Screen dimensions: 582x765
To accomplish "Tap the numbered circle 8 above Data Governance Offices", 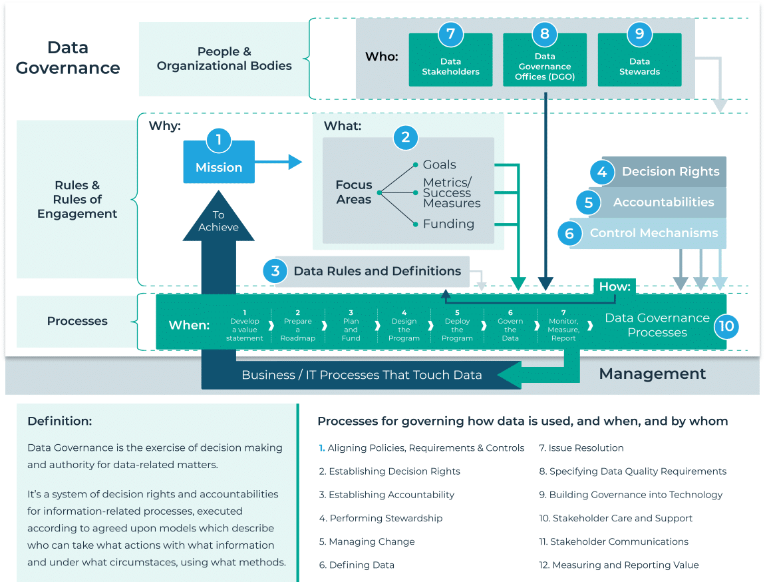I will (x=545, y=34).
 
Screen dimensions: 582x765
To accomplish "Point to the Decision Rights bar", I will (x=670, y=172).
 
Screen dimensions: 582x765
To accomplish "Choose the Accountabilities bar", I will (x=663, y=202).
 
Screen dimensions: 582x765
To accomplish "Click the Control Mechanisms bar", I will (x=653, y=233).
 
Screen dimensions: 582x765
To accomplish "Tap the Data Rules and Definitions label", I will (x=377, y=271).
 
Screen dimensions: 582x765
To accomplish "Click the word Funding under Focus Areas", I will (x=448, y=224).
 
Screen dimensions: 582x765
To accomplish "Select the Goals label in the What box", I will (x=439, y=164).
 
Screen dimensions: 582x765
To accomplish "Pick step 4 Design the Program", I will (x=404, y=326).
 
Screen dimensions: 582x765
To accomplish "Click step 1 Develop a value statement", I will (x=244, y=326).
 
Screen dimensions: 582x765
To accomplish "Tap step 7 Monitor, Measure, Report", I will (x=563, y=326).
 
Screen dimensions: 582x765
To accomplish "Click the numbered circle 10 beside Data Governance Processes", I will (x=726, y=326).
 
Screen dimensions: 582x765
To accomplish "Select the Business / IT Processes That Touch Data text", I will (x=361, y=375).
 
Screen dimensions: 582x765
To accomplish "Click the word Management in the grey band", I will (x=652, y=374).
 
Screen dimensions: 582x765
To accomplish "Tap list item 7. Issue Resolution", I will (x=581, y=448).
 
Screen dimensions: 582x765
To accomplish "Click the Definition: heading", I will (x=60, y=422).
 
